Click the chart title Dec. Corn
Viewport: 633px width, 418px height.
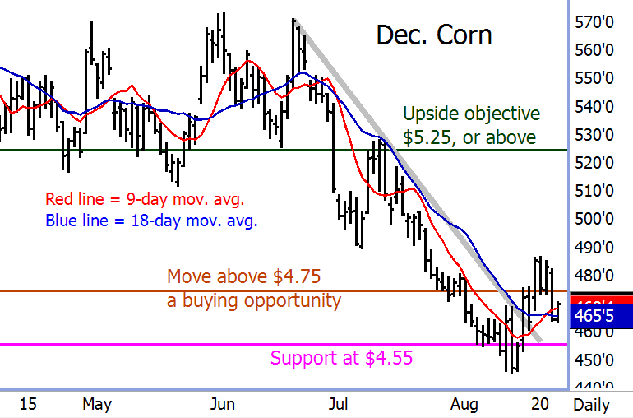[x=433, y=35]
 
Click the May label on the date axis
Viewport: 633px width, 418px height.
[x=96, y=404]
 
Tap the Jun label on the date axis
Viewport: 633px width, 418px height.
[x=223, y=404]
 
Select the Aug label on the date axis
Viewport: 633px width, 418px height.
[x=464, y=404]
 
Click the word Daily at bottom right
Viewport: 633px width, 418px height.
[x=591, y=404]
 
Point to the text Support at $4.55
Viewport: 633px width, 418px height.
[x=340, y=358]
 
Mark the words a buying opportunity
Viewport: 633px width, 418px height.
[x=253, y=300]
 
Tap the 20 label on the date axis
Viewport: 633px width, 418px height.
[x=539, y=404]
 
